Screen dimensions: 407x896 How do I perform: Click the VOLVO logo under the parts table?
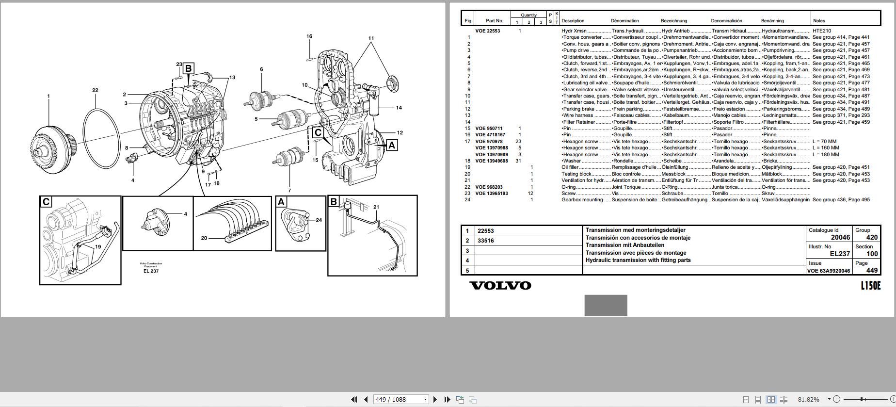(500, 286)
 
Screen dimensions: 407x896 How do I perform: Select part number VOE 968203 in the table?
(489, 187)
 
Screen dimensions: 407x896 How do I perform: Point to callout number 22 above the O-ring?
(95, 90)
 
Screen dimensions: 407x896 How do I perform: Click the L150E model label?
(870, 286)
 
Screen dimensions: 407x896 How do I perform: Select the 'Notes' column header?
(819, 21)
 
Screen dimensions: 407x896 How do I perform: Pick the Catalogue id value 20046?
(840, 237)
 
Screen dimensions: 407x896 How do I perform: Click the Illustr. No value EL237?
(840, 254)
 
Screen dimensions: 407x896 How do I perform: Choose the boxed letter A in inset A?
(281, 202)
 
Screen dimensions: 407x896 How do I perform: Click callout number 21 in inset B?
(376, 207)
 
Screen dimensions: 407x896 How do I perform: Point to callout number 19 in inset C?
(98, 246)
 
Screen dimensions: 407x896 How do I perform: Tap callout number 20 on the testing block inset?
(204, 238)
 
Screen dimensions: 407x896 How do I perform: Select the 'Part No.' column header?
(495, 21)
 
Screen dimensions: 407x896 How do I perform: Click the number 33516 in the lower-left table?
(486, 241)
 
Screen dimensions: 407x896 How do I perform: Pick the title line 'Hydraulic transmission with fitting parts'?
(638, 260)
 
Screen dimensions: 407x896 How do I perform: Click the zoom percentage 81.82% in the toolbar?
(808, 399)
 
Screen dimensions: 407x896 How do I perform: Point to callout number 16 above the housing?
(309, 36)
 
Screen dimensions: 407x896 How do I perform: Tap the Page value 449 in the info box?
(872, 270)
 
